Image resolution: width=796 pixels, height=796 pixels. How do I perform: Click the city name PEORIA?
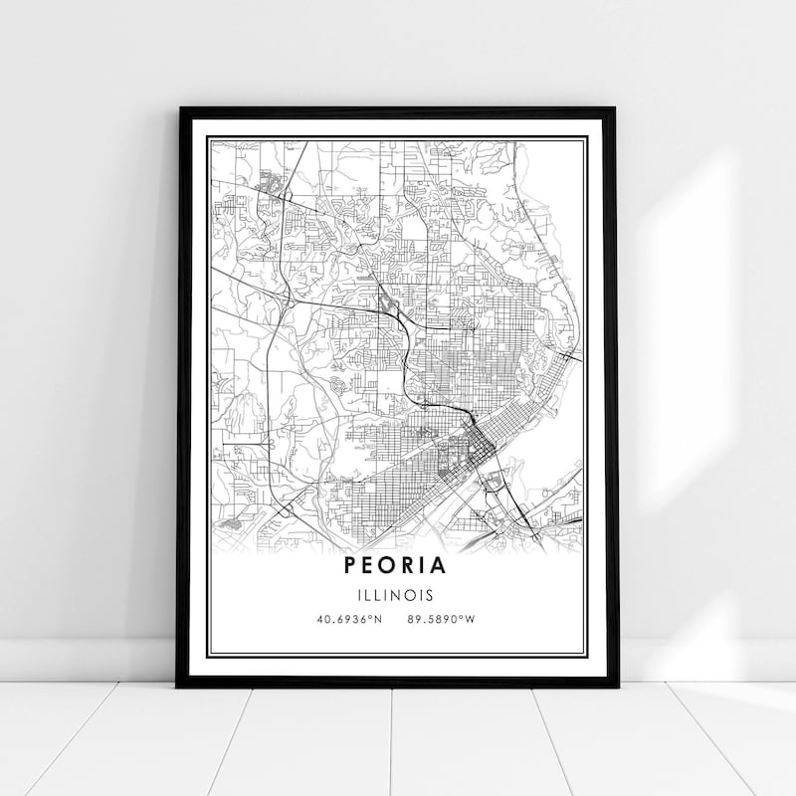click(x=397, y=565)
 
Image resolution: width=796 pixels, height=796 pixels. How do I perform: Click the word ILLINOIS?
click(x=397, y=596)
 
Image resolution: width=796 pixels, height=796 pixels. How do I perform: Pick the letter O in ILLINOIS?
click(x=413, y=596)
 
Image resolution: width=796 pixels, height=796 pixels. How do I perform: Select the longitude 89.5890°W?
click(x=440, y=619)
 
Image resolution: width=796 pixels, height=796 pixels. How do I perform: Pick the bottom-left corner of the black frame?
click(x=179, y=686)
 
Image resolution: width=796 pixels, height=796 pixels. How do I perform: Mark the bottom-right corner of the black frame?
click(x=616, y=686)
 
